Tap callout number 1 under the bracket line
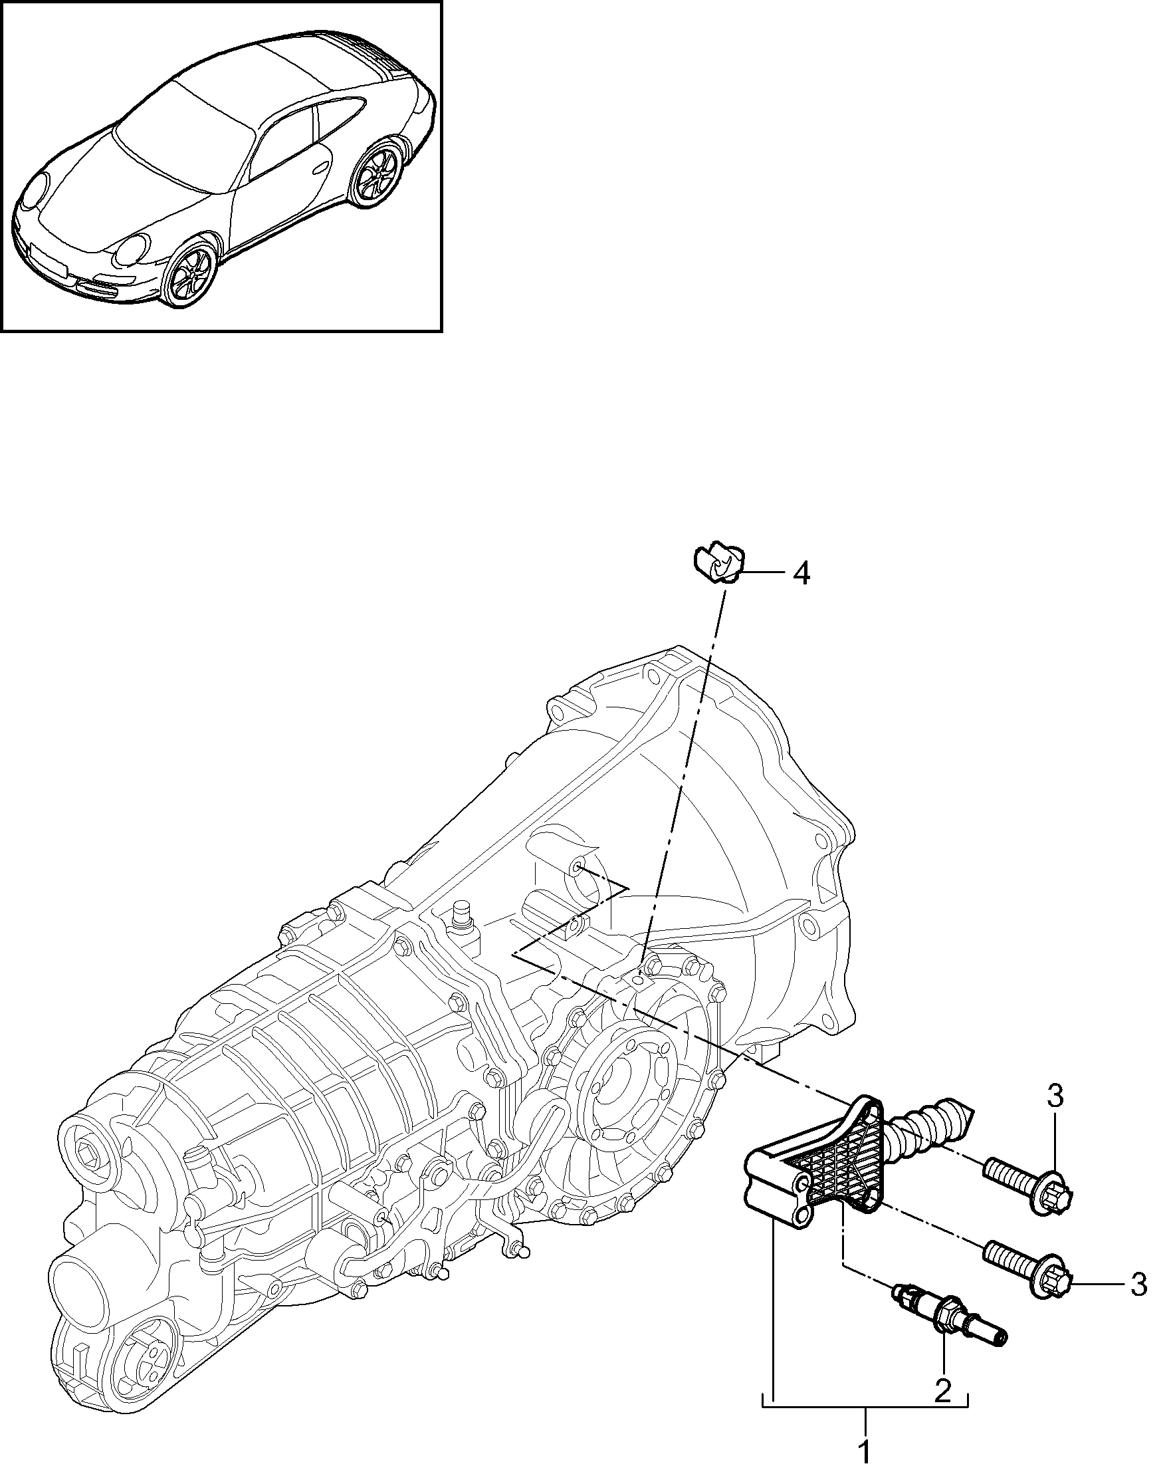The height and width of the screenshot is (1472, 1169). pyautogui.click(x=864, y=1452)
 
